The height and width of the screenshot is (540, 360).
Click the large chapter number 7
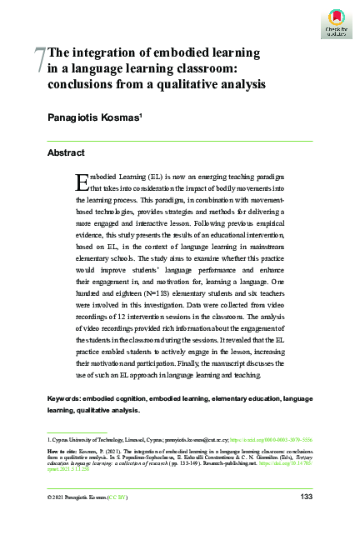click(40, 59)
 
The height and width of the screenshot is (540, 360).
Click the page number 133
click(305, 497)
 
